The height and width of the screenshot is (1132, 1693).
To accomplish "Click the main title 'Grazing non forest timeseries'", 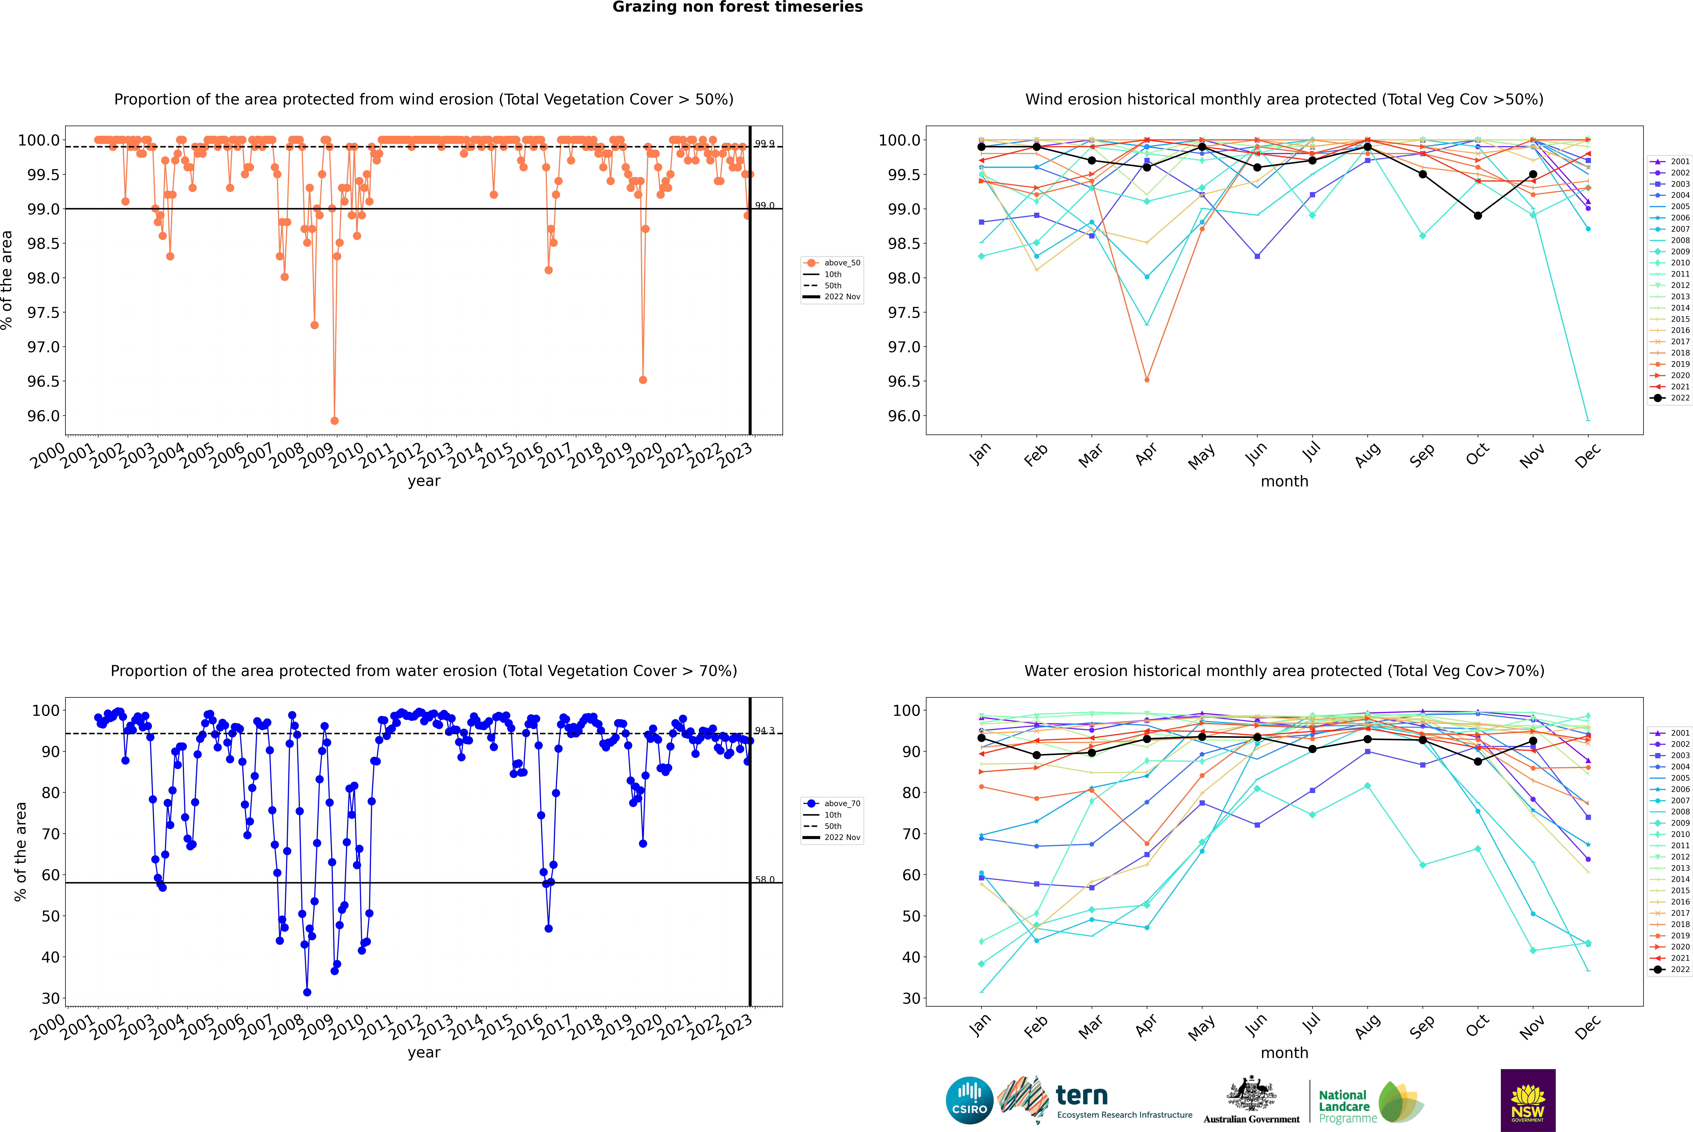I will (x=737, y=7).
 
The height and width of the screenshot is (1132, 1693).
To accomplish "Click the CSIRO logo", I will (x=969, y=1100).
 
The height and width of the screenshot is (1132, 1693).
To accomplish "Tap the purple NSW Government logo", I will (x=1528, y=1100).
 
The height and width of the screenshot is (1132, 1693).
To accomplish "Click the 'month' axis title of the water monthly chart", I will (x=1284, y=1053).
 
